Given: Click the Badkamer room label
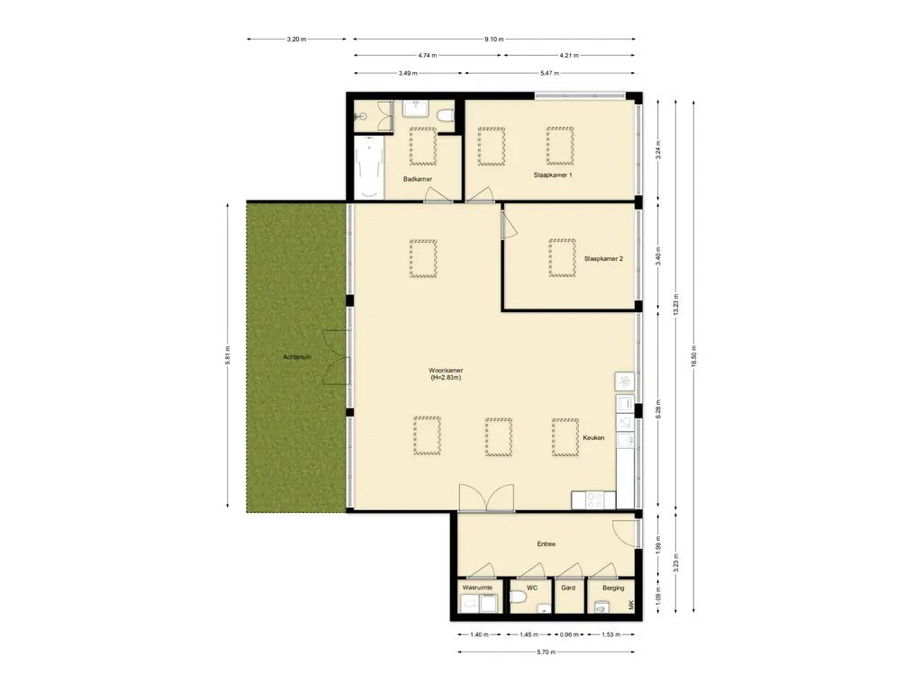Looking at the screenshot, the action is [418, 179].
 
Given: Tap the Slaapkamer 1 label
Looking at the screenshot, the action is [553, 175].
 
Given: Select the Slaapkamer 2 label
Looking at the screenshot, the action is [603, 258].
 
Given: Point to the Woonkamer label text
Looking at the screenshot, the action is [446, 371].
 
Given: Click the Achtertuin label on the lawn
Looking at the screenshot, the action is [297, 357].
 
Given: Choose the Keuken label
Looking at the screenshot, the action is [593, 438].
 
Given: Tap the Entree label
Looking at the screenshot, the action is [547, 544].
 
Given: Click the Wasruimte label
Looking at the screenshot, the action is [477, 588].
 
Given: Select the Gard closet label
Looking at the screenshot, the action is [568, 588].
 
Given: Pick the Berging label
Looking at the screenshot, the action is [613, 588].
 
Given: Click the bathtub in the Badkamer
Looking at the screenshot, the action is [368, 168].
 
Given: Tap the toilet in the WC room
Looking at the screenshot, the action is [518, 598].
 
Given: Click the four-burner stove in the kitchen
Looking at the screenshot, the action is [594, 500].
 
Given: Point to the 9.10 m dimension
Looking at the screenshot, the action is [494, 40].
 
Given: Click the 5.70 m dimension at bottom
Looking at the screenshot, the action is [547, 651].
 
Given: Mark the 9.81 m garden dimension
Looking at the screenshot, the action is [228, 356].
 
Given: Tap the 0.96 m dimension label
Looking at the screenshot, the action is [569, 634].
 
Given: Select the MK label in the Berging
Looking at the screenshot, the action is [631, 605].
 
